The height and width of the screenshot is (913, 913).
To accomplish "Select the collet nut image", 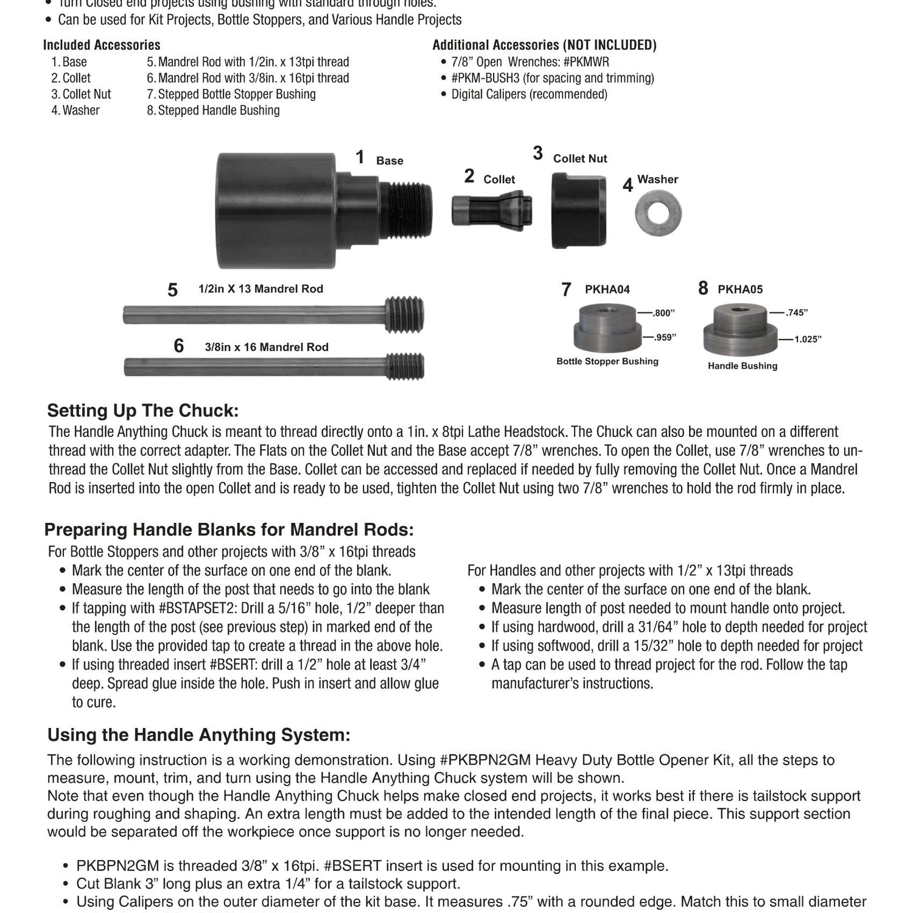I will [578, 210].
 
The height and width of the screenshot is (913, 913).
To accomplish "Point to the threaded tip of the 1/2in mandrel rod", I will [404, 314].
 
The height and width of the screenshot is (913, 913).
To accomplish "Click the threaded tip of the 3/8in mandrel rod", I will [405, 366].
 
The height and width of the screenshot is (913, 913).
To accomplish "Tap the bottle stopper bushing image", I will [607, 329].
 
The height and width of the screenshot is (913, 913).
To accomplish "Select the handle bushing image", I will [740, 331].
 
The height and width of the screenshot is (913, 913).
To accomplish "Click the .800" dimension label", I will [664, 313].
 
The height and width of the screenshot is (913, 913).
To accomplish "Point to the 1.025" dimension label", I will [808, 339].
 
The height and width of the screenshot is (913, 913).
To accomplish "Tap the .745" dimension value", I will [797, 313].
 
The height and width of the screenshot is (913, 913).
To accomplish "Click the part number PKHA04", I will [607, 290].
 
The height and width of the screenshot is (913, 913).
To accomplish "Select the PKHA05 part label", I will [740, 290].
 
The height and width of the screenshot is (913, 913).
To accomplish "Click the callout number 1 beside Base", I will [360, 158].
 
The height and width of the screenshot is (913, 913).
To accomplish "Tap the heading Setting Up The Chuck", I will [143, 411].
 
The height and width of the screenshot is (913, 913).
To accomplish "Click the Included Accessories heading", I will [102, 45].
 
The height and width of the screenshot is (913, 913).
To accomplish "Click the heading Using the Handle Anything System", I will [199, 735].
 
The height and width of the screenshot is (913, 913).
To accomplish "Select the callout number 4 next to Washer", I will [628, 185].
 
